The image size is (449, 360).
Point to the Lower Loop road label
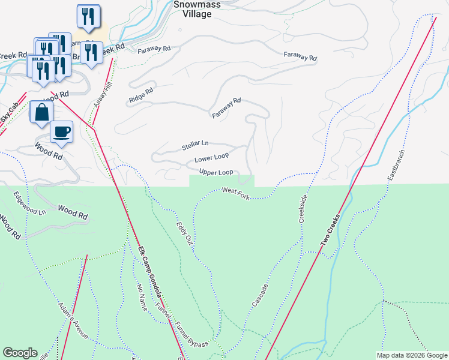click(x=212, y=159)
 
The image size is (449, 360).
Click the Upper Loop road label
click(x=216, y=173)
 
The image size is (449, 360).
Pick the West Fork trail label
click(x=235, y=191)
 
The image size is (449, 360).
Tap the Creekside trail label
click(x=304, y=209)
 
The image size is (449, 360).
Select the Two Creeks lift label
click(x=334, y=230)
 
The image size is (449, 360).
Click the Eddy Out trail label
click(x=184, y=233)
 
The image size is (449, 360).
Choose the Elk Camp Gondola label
click(x=150, y=274)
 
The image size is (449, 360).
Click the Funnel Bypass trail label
click(x=191, y=335)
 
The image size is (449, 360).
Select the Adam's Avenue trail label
click(x=73, y=321)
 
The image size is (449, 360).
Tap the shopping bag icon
click(x=41, y=112)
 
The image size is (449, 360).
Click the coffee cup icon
click(x=61, y=131)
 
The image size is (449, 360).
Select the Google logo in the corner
click(x=20, y=353)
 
